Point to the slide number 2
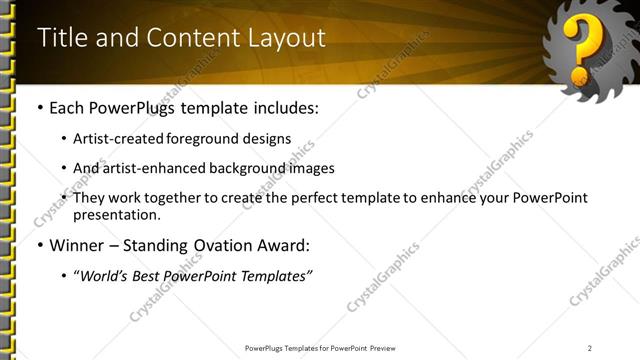click(590, 348)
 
